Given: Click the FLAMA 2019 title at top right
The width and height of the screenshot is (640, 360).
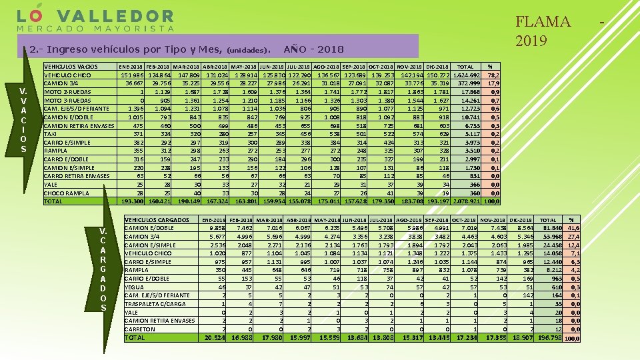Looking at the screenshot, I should (x=543, y=31).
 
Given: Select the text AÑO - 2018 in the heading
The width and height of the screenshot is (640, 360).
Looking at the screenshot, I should (x=313, y=49).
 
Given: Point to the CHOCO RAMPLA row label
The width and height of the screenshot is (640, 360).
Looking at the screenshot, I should (x=67, y=193).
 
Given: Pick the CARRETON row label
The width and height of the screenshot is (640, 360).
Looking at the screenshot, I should (x=140, y=329).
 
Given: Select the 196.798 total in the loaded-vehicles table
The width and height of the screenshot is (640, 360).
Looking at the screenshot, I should (x=545, y=338).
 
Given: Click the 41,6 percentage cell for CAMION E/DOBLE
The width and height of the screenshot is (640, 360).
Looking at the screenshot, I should (x=573, y=228).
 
